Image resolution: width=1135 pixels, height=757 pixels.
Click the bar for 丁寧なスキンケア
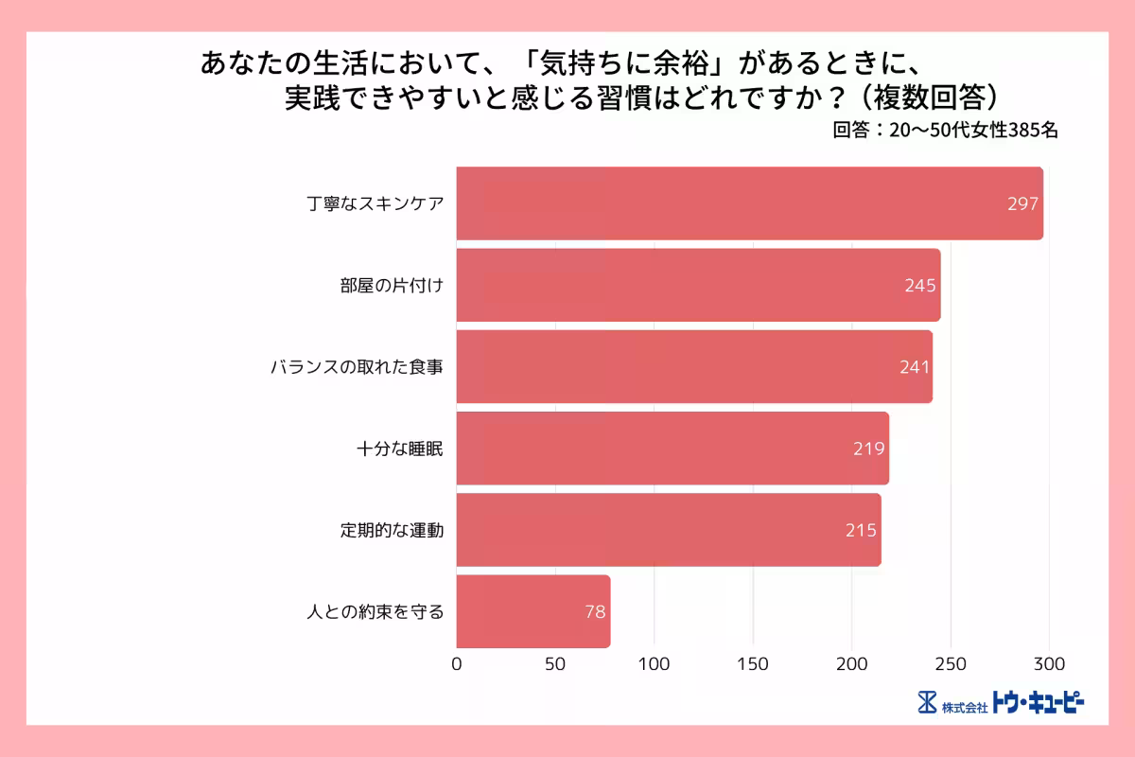pyautogui.click(x=749, y=203)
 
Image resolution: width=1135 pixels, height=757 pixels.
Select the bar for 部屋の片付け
pyautogui.click(x=698, y=285)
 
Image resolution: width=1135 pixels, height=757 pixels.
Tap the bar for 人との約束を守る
pyautogui.click(x=533, y=611)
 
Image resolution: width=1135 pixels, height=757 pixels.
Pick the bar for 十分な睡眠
pyautogui.click(x=672, y=449)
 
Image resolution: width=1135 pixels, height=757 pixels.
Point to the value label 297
pyautogui.click(x=1022, y=203)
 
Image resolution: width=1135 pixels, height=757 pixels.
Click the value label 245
pyautogui.click(x=920, y=285)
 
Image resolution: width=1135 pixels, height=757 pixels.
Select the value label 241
pyautogui.click(x=915, y=367)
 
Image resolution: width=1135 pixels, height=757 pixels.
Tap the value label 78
pyautogui.click(x=595, y=611)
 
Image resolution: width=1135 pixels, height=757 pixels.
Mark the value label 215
pyautogui.click(x=862, y=530)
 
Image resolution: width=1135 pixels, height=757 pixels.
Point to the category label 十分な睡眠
pyautogui.click(x=399, y=449)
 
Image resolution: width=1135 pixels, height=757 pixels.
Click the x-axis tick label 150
pyautogui.click(x=753, y=663)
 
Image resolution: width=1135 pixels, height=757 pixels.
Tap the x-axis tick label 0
pyautogui.click(x=457, y=663)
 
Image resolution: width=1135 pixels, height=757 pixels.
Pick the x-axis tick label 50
pyautogui.click(x=555, y=663)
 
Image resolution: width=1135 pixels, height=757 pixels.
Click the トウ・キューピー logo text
pyautogui.click(x=1038, y=702)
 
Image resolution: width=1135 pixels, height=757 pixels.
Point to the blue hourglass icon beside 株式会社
pyautogui.click(x=927, y=703)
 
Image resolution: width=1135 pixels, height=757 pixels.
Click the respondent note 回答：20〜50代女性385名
pyautogui.click(x=945, y=132)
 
